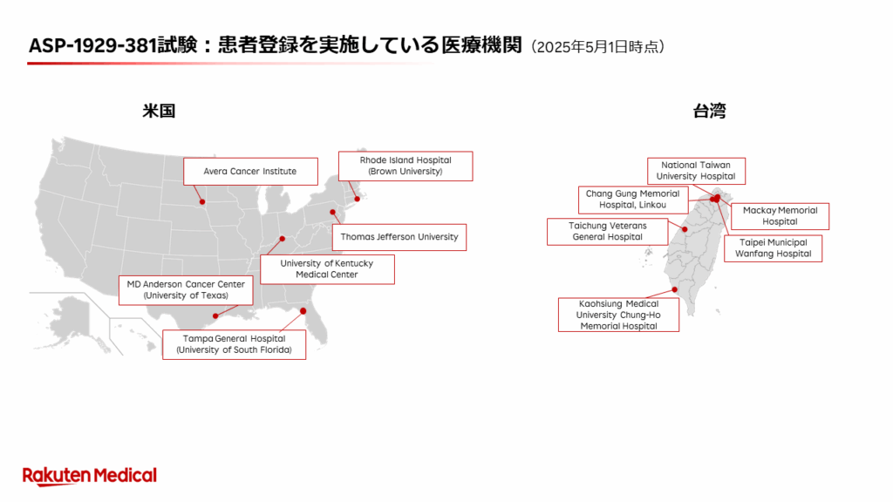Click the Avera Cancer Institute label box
[x=250, y=172]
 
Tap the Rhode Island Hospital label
[x=406, y=166]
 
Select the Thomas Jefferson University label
[x=399, y=237]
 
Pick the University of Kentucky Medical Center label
[x=327, y=269]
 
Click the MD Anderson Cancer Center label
[x=186, y=290]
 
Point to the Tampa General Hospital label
[x=234, y=344]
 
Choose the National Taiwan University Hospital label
[x=696, y=171]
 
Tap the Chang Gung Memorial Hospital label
[x=633, y=200]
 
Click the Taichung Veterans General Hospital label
[x=608, y=232]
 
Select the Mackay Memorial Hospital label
[x=780, y=216]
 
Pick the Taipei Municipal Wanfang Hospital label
[x=773, y=248]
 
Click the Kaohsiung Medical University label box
[x=618, y=315]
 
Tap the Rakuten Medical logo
[x=90, y=476]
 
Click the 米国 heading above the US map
[x=159, y=111]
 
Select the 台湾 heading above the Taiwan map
[x=709, y=111]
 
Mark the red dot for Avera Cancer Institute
[x=202, y=202]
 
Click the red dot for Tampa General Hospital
[x=303, y=311]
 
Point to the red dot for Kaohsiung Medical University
[x=675, y=289]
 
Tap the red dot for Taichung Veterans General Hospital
[x=685, y=229]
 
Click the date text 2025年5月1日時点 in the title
[x=597, y=47]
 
